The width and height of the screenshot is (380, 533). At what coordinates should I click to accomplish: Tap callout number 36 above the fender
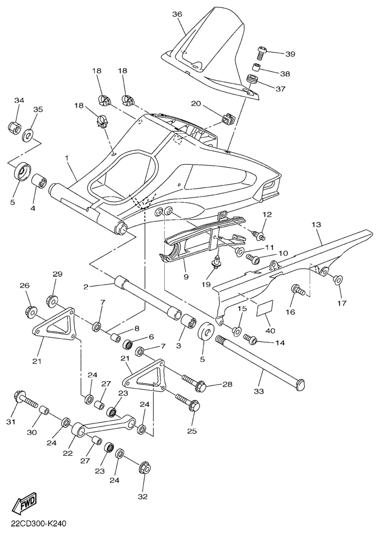pyautogui.click(x=177, y=14)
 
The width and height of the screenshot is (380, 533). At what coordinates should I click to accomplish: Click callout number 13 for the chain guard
pyautogui.click(x=316, y=225)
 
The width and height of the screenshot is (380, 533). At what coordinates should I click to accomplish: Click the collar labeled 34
pyautogui.click(x=14, y=127)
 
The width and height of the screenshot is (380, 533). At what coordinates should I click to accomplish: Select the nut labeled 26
pyautogui.click(x=31, y=311)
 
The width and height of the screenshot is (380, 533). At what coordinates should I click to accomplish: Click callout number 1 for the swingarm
pyautogui.click(x=67, y=158)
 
